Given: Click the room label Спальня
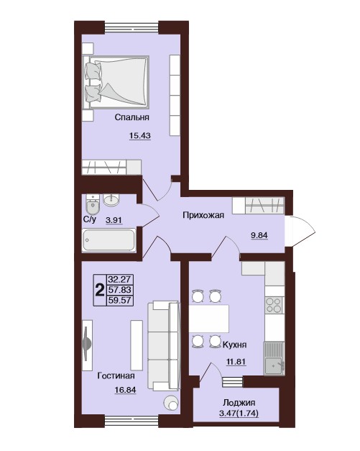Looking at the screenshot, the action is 132,117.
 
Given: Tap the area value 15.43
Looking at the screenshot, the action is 140,135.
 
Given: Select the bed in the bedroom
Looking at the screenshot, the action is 116,82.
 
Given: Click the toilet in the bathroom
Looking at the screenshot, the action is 93,204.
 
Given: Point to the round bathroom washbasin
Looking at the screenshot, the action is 111,200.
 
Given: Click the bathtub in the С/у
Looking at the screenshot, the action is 109,240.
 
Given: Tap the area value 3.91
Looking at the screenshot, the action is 114,221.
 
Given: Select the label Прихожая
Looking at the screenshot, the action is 203,215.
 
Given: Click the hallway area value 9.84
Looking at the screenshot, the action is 259,235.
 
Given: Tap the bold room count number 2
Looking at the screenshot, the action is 100,290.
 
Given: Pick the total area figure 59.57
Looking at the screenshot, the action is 119,300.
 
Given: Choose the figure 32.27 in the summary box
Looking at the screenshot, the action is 119,279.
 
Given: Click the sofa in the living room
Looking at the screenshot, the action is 164,345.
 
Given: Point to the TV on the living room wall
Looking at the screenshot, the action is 87,345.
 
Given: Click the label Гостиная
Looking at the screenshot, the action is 116,375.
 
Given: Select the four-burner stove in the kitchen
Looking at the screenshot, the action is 274,305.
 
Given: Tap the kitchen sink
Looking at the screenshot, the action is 274,358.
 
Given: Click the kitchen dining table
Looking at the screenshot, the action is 209,319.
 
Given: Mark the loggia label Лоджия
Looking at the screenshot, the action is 239,403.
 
